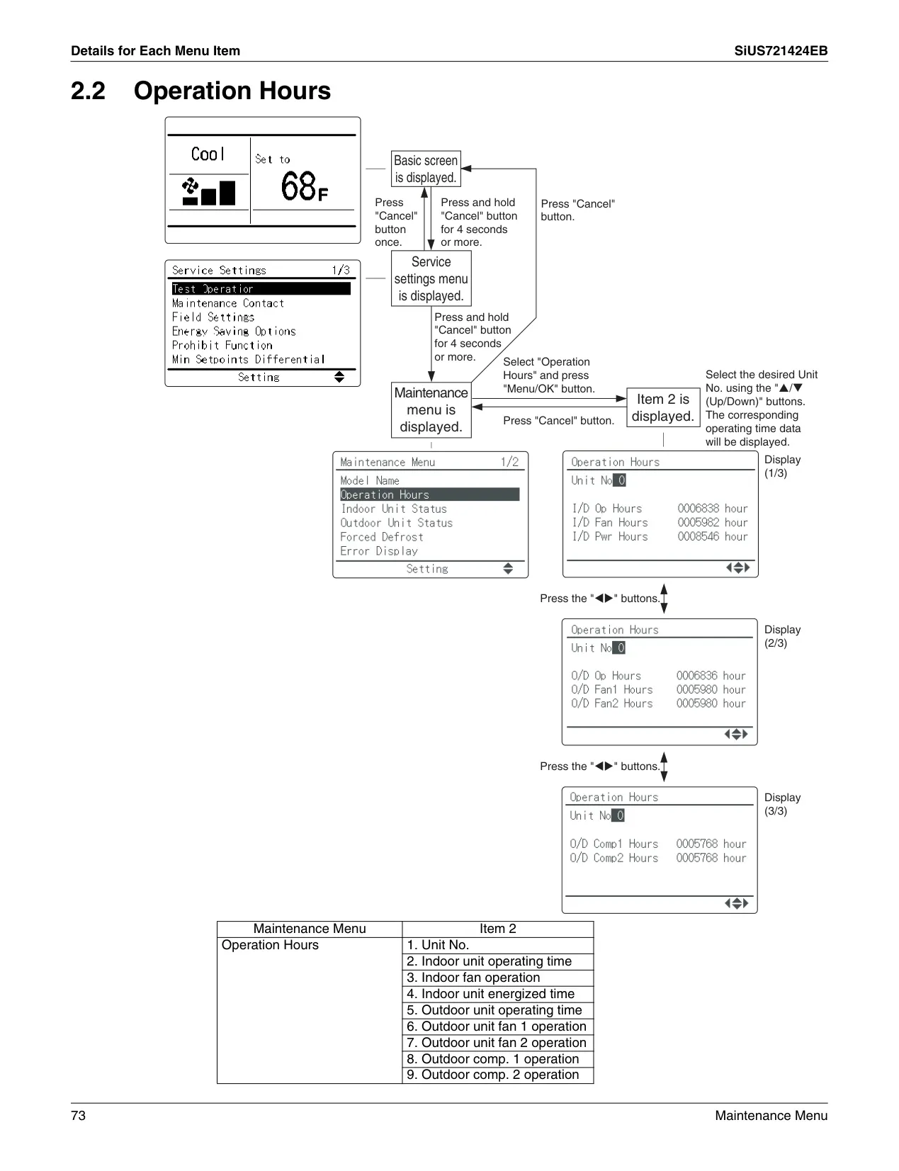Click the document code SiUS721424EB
(x=781, y=51)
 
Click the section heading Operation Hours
(x=232, y=91)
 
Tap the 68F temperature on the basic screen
(x=304, y=186)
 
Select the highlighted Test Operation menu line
(x=261, y=289)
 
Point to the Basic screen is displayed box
(x=426, y=169)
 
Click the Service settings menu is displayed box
(x=431, y=278)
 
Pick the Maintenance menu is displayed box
(x=431, y=409)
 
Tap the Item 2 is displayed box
(x=663, y=407)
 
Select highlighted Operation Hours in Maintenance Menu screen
(x=430, y=494)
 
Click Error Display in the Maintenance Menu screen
(x=379, y=550)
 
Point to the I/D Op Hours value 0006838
(x=698, y=508)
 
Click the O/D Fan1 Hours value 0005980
(x=696, y=689)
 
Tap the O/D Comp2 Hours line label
(x=614, y=857)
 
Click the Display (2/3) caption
(x=782, y=636)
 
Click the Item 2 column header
(x=498, y=929)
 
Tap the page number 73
(x=78, y=1116)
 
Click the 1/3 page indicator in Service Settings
(x=341, y=269)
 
